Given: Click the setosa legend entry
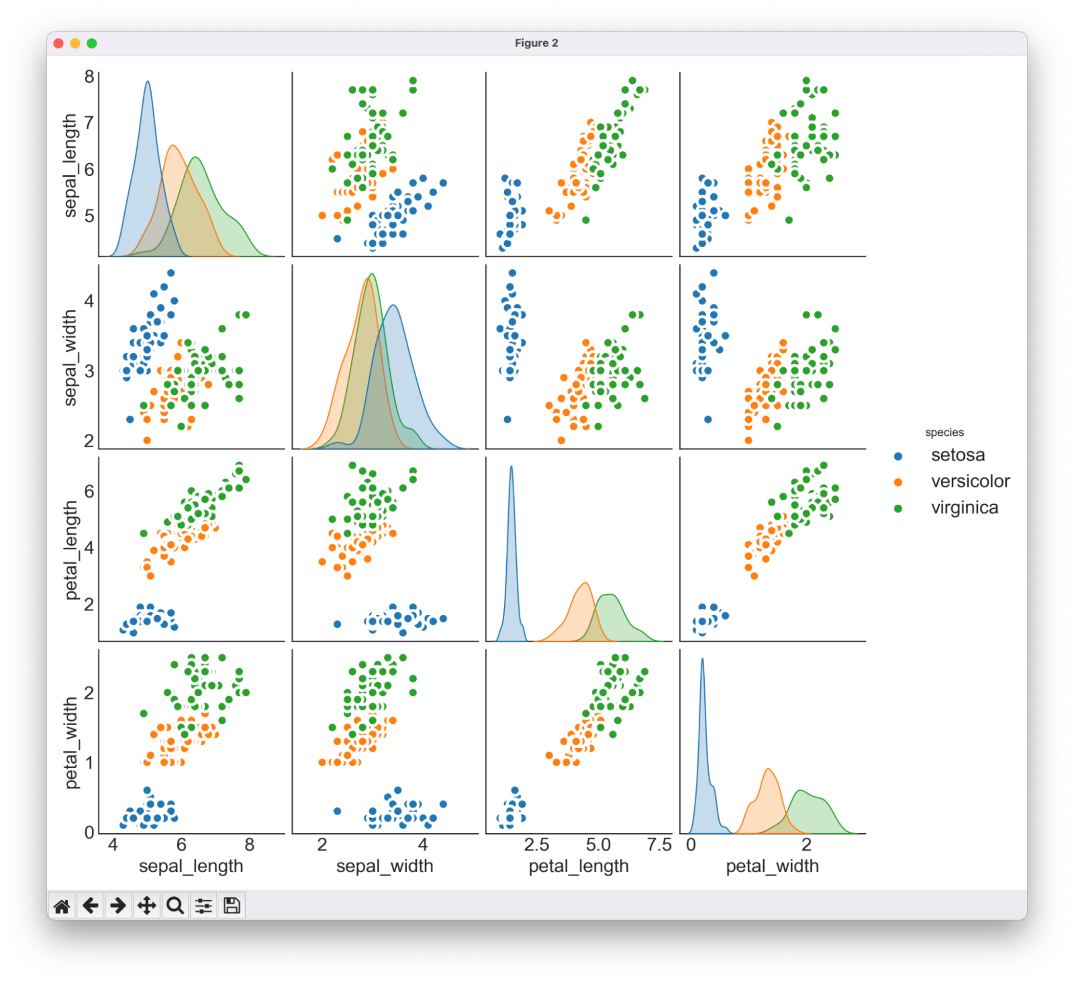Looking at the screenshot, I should point(957,455).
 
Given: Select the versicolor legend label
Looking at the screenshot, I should point(970,481).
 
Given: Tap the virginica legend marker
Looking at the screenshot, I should point(898,508).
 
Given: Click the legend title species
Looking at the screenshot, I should point(944,433).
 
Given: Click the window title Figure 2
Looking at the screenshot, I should point(536,43).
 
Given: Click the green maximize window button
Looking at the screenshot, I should point(92,44).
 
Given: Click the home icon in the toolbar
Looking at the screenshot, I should point(62,905).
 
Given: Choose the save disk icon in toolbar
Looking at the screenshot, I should point(232,905).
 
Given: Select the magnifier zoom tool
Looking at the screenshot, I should point(175,905).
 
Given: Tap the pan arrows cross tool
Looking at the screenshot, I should point(147,905).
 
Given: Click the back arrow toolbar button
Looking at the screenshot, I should point(90,905).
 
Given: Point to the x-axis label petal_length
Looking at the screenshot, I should point(578,866).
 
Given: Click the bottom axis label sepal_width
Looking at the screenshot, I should point(385,866).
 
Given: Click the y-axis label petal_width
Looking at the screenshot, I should point(70,743).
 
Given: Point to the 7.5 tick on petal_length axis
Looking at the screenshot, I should point(659,845).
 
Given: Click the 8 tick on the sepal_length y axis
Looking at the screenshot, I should point(89,77).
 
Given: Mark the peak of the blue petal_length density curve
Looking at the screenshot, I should point(511,467).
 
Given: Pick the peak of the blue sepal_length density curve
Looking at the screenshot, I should point(148,82).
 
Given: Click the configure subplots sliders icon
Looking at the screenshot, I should point(204,905).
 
